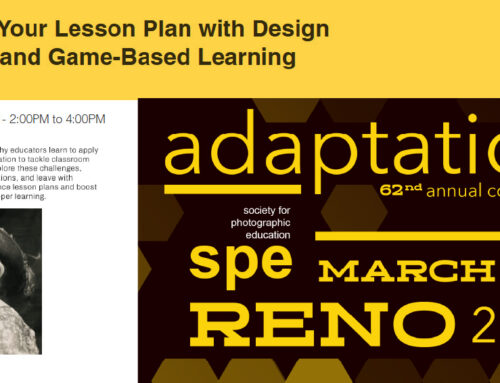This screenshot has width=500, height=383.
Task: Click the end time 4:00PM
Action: coord(82,119)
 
